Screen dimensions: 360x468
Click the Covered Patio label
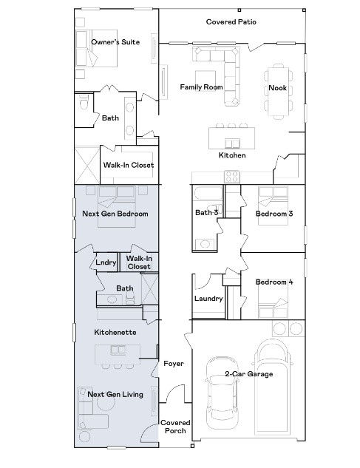tap(231, 21)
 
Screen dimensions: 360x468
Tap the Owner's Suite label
tap(115, 42)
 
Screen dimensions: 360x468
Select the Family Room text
tap(201, 87)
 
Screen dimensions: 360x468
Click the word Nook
tap(277, 88)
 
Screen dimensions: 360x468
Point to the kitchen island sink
tap(232, 143)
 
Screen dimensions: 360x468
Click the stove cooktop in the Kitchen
tap(232, 176)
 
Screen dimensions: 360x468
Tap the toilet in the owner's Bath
tap(84, 101)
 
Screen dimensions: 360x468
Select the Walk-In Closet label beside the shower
tap(129, 165)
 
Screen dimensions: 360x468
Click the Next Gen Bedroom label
tap(115, 214)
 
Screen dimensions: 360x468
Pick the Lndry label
tap(106, 262)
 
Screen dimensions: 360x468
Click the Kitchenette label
tap(115, 332)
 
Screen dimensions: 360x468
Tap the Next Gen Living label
tap(115, 394)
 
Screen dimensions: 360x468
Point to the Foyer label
tap(174, 364)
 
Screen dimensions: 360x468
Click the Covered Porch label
tap(175, 427)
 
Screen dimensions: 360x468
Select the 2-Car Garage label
tap(249, 374)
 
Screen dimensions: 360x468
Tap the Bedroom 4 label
tap(274, 282)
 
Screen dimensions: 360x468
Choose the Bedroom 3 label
tap(274, 214)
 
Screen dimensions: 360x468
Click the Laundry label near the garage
tap(208, 299)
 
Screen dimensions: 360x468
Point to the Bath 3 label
tap(206, 212)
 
